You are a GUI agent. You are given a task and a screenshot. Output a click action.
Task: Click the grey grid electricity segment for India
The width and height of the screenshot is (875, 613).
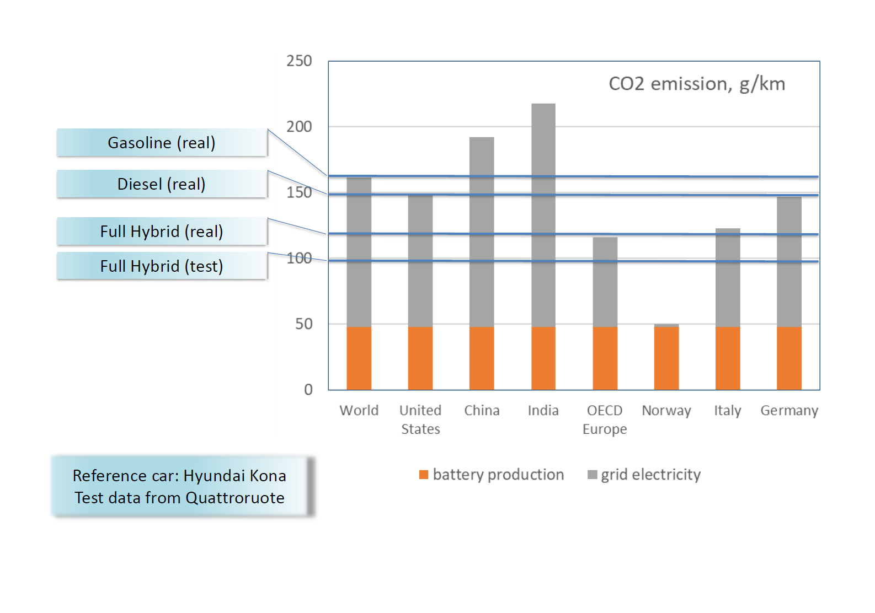[x=543, y=215]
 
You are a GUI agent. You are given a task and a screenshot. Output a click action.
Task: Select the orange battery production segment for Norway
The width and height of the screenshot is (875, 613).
[x=666, y=358]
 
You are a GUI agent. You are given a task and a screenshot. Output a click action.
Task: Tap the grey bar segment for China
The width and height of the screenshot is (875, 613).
[x=482, y=232]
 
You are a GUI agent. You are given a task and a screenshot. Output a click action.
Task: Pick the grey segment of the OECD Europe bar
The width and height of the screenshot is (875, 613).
[x=605, y=282]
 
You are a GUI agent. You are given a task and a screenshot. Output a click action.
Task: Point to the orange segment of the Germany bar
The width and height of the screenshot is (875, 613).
[x=789, y=358]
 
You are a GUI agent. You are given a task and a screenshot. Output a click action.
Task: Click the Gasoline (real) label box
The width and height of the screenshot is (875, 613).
[x=162, y=143]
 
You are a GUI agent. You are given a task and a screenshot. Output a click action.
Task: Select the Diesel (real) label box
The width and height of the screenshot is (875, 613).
[x=162, y=184]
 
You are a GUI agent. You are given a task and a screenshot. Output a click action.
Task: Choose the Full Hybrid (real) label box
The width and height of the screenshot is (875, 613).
[x=162, y=232]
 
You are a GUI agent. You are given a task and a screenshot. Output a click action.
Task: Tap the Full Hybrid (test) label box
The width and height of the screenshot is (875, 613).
[x=162, y=266]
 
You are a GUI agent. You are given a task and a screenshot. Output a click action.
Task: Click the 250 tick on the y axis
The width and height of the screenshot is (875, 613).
[x=299, y=61]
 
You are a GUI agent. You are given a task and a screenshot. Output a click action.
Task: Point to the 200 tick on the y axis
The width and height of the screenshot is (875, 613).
[x=299, y=127]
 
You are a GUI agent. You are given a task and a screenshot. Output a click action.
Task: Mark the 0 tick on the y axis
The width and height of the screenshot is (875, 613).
[x=308, y=390]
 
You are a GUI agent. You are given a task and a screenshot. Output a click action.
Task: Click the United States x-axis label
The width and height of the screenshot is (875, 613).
[x=420, y=420]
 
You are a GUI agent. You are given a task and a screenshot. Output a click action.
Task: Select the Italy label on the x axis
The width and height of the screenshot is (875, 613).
[x=727, y=411]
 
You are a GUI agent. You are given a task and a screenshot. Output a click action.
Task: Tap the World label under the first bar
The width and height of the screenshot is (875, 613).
[x=359, y=411]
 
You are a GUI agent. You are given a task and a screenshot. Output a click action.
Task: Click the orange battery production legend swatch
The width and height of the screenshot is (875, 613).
[x=424, y=475]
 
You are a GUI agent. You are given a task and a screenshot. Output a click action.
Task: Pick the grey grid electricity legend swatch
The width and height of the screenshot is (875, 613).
[x=592, y=475]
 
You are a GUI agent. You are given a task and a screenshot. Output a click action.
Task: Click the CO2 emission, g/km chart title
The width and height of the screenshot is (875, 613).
[x=696, y=84]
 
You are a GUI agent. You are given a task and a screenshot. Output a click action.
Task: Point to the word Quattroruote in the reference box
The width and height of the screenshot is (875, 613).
[x=235, y=498]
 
